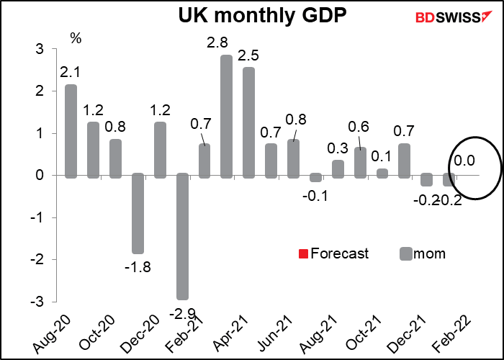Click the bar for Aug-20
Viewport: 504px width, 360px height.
(x=71, y=130)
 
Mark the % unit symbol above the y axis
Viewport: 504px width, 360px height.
(x=75, y=37)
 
